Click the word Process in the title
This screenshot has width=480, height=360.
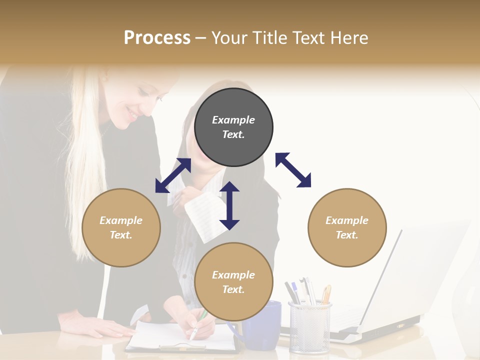pyautogui.click(x=157, y=38)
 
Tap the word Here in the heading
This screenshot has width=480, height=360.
pyautogui.click(x=349, y=38)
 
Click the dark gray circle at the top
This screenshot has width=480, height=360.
pyautogui.click(x=233, y=127)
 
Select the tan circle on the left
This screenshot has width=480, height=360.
pyautogui.click(x=121, y=227)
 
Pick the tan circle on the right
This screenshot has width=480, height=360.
pyautogui.click(x=347, y=227)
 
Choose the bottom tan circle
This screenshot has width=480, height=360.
pyautogui.click(x=233, y=282)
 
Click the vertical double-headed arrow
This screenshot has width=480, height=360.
pyautogui.click(x=229, y=205)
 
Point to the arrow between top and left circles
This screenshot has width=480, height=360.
pyautogui.click(x=173, y=175)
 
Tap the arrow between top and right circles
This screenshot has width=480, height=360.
pyautogui.click(x=293, y=170)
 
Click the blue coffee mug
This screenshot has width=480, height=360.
pyautogui.click(x=262, y=325)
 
